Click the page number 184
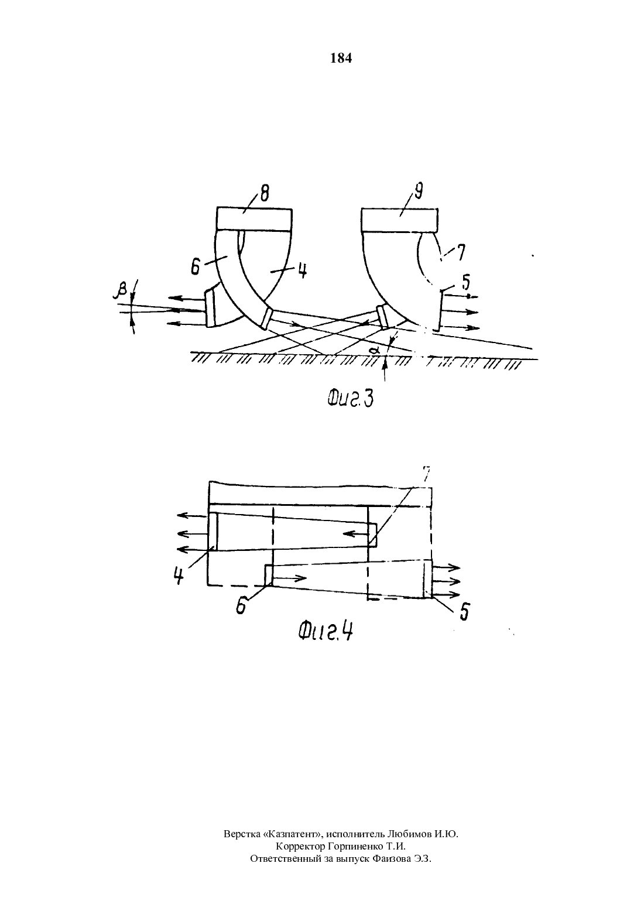[x=341, y=59]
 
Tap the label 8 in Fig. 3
[x=264, y=194]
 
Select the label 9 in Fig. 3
[x=419, y=191]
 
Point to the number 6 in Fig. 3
[x=196, y=267]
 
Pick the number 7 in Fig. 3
[x=460, y=252]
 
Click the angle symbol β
[x=122, y=291]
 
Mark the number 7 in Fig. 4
[x=426, y=473]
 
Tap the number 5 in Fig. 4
[x=464, y=611]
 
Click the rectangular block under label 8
[x=254, y=219]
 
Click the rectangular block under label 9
[x=400, y=219]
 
